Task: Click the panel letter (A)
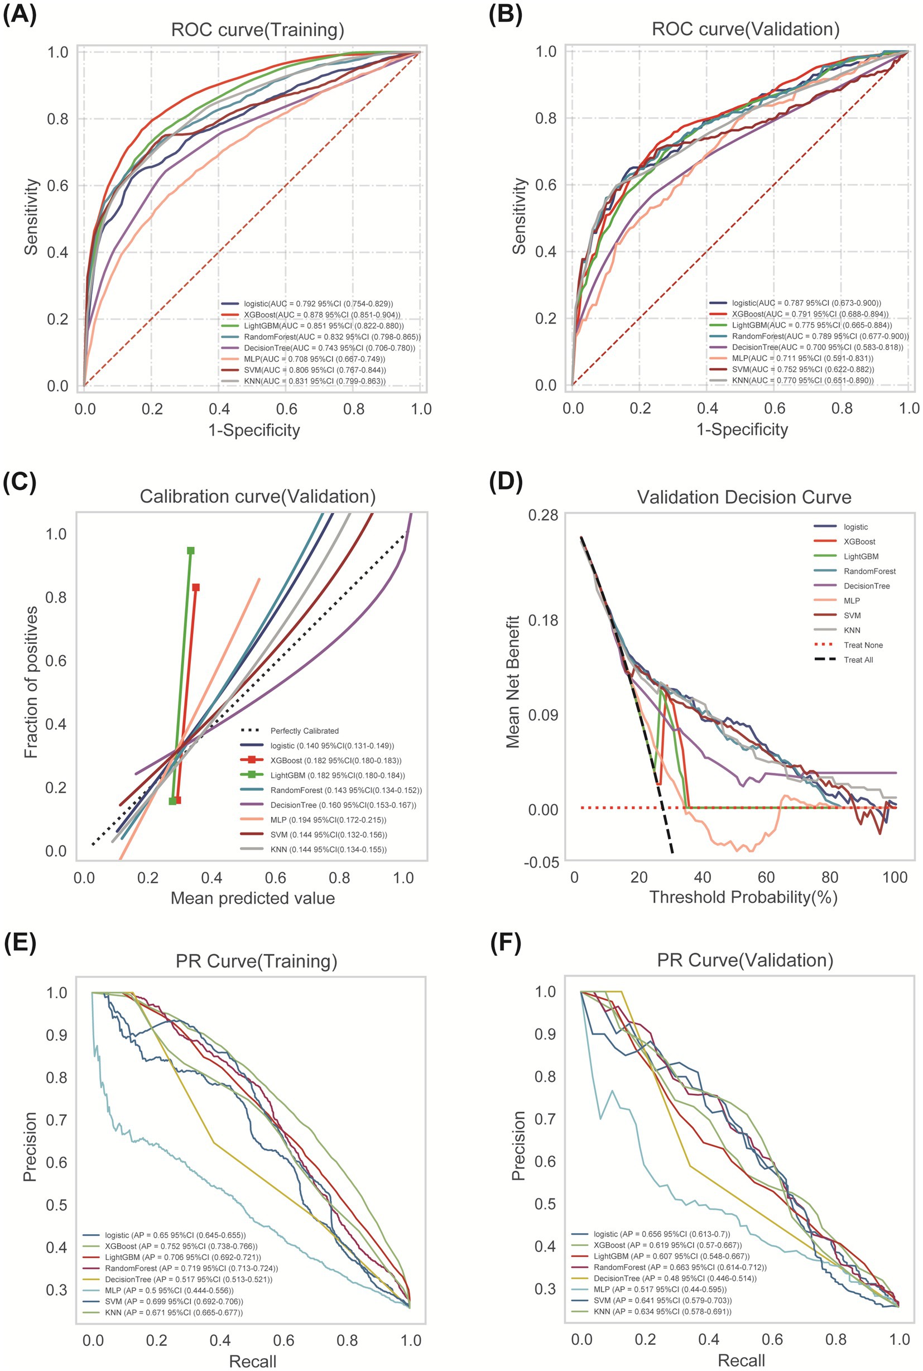20,15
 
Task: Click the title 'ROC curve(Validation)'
745,29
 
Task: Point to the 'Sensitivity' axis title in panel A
31,217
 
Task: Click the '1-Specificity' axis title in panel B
742,429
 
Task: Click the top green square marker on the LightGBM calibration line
191,550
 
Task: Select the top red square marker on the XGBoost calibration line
196,587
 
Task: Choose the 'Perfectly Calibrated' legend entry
304,730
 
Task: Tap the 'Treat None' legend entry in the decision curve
862,645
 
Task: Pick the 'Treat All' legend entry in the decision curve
858,660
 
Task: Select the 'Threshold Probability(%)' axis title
743,897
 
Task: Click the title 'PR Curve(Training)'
256,961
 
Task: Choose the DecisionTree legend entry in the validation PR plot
675,1278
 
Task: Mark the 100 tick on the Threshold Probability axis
895,877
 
